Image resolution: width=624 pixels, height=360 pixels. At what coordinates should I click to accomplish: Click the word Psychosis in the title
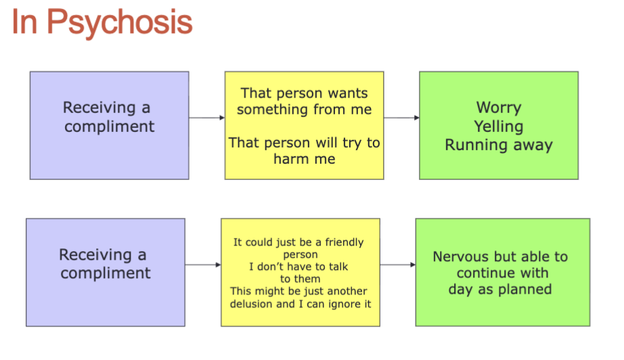point(120,22)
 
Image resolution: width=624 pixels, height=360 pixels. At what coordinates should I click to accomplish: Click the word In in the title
point(25,22)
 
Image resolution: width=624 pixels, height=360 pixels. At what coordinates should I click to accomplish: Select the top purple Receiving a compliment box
point(109,125)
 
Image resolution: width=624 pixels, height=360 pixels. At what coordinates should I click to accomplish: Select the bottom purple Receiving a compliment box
point(105,272)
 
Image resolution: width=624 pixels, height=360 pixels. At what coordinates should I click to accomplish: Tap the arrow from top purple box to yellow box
point(206,118)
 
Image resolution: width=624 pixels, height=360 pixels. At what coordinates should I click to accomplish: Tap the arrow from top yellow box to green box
point(401,118)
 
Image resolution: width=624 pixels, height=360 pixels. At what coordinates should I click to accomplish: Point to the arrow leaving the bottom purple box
point(203,265)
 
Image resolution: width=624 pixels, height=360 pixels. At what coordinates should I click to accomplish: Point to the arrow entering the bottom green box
point(398,265)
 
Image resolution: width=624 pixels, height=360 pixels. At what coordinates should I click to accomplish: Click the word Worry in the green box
point(499,108)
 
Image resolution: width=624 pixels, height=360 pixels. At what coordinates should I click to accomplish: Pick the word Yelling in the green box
point(499,126)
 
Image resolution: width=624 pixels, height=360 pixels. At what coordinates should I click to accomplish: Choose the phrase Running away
point(499,145)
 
